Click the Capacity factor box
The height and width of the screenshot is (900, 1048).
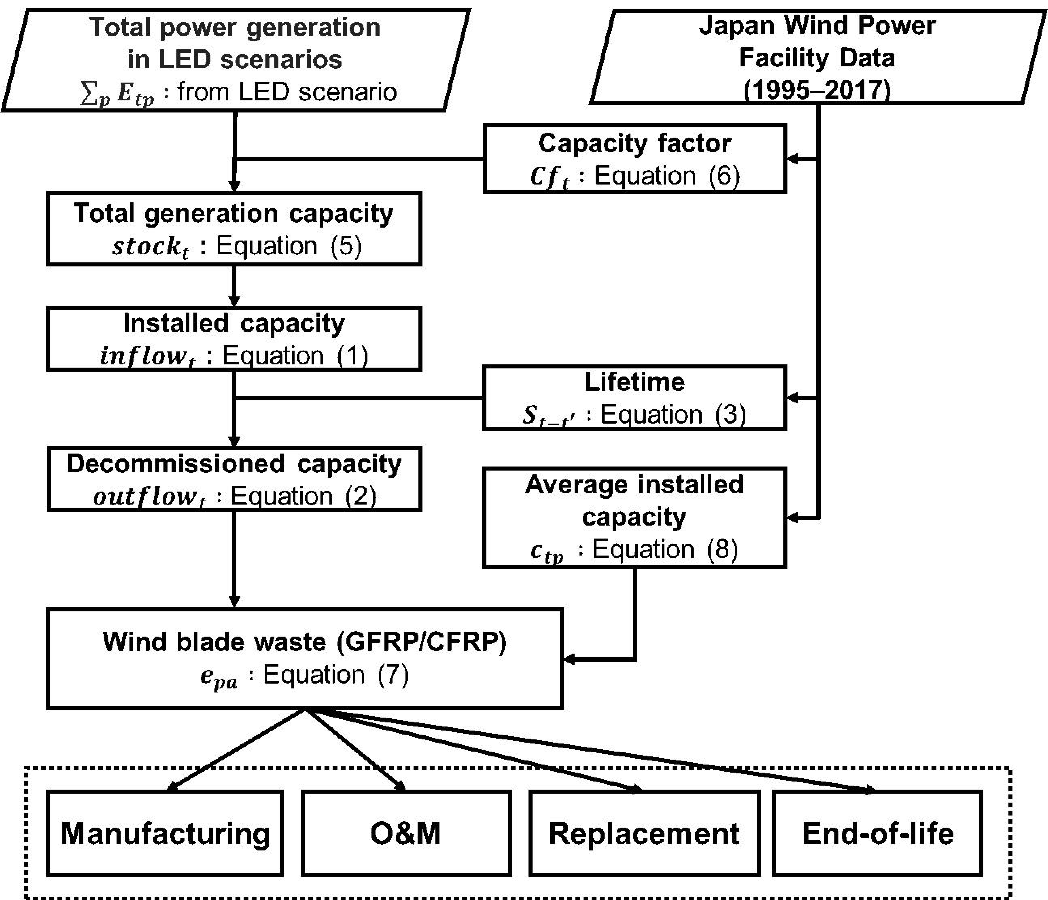click(x=635, y=159)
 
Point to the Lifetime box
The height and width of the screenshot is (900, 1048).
click(x=635, y=398)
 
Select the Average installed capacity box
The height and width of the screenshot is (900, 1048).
click(x=635, y=517)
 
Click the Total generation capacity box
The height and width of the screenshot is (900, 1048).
click(x=234, y=229)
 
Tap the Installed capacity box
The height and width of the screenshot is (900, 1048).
click(x=234, y=339)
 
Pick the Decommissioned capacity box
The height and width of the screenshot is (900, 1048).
click(x=234, y=479)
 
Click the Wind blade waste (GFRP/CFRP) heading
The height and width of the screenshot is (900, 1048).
click(x=305, y=642)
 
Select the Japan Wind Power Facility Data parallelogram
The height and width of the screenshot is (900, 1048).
click(x=817, y=57)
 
